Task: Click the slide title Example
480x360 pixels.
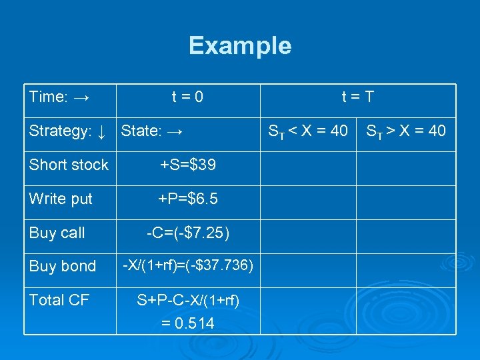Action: pos(240,45)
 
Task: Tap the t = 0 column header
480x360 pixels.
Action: pos(187,97)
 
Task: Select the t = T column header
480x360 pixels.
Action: pos(357,97)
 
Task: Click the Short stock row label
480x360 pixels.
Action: pos(69,165)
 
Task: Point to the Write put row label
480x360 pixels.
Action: pos(61,199)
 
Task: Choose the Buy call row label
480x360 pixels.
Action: pos(57,233)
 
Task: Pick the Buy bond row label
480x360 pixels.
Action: pos(63,266)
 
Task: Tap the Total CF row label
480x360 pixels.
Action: pos(59,300)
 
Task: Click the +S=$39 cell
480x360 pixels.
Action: pos(187,165)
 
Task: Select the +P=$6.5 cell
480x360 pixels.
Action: pos(187,199)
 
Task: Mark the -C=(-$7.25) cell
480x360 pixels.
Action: pos(187,233)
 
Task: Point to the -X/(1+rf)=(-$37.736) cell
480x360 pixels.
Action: pos(187,265)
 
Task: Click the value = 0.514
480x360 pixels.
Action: pos(187,323)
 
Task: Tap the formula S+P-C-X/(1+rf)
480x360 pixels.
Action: pos(187,300)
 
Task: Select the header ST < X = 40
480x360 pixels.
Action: pos(307,131)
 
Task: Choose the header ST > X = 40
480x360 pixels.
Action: pos(405,131)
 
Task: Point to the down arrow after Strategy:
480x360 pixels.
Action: pos(101,131)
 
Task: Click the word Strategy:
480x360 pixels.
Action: pos(60,131)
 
